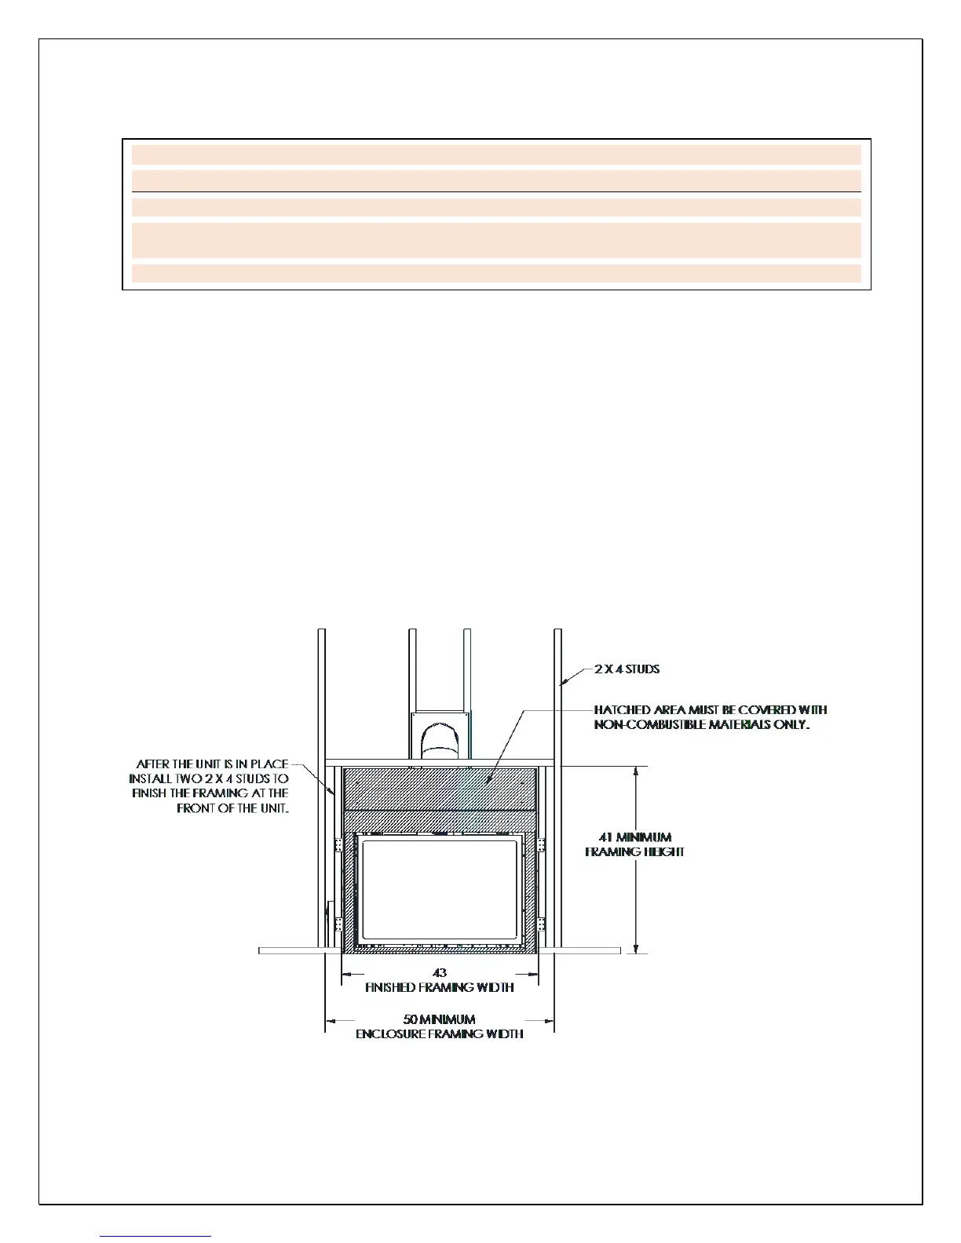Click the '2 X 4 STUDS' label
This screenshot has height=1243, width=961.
pos(627,669)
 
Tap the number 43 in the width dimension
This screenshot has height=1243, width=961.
pos(440,973)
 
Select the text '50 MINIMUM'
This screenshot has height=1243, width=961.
pos(439,1019)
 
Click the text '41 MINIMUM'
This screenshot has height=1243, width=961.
pos(635,837)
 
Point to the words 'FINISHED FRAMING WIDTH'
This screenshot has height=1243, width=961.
pos(440,988)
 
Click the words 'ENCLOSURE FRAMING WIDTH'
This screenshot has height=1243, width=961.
pos(440,1034)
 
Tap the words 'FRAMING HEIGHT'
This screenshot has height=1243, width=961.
pos(634,852)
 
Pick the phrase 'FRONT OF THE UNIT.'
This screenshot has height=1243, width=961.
pos(233,808)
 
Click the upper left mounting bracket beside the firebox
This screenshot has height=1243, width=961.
pos(339,845)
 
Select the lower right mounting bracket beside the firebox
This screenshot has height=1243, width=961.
pos(541,924)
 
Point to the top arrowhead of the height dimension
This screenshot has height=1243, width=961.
pos(636,772)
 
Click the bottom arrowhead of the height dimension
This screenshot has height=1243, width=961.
pos(636,947)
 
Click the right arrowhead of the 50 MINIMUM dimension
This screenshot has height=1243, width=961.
pos(549,1020)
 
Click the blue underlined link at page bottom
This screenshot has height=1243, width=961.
pos(155,1236)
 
